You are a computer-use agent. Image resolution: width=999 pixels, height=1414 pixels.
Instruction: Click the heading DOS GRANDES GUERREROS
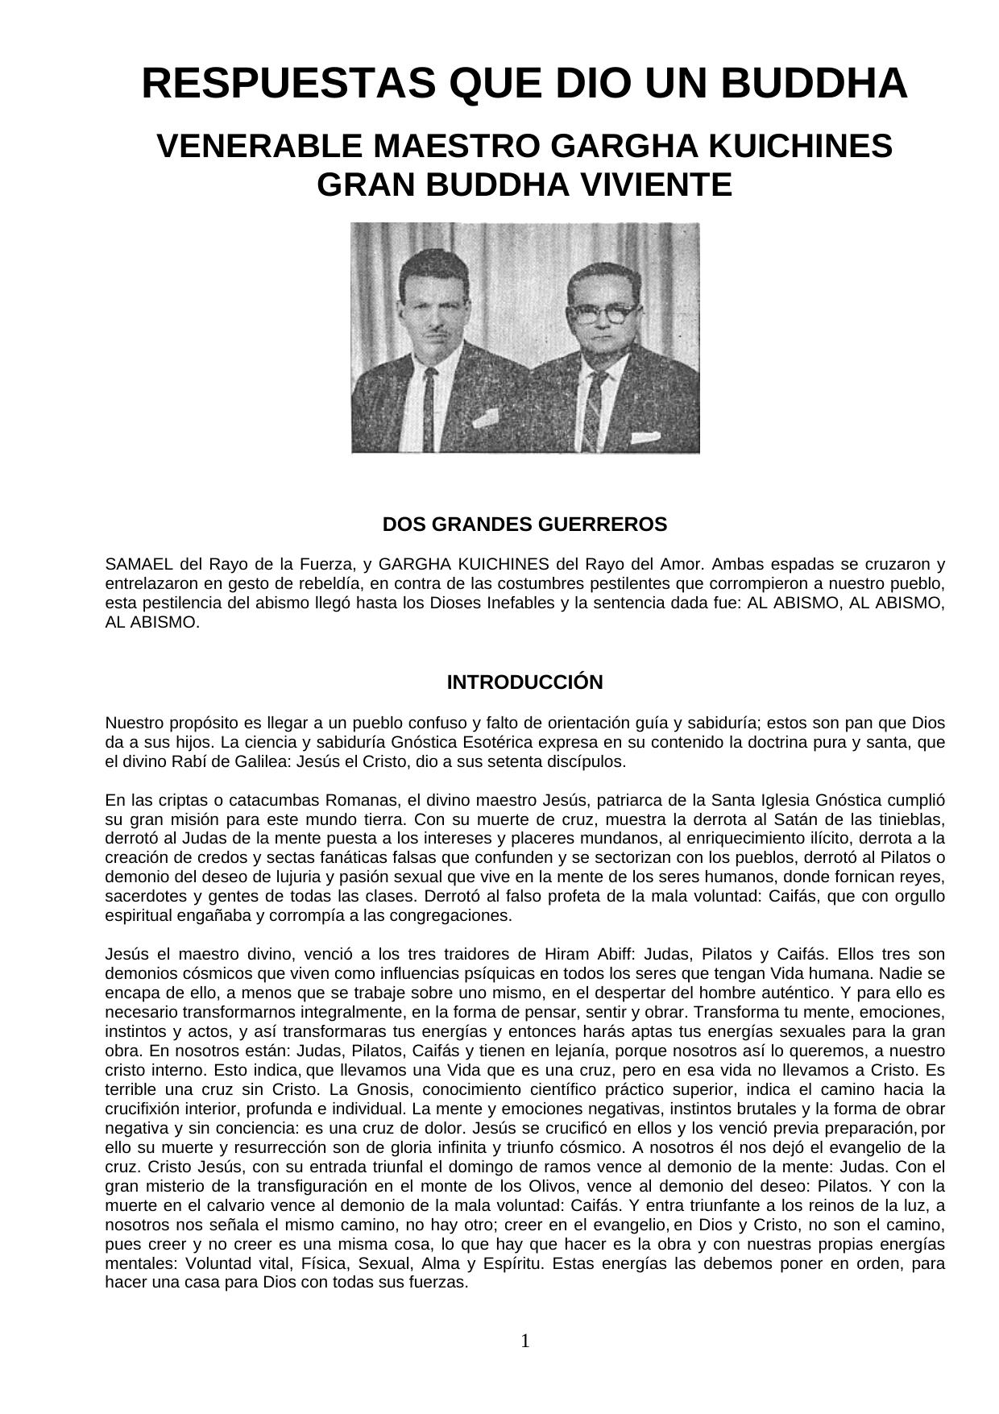(524, 525)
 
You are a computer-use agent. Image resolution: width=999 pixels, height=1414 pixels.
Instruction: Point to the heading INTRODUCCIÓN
(524, 682)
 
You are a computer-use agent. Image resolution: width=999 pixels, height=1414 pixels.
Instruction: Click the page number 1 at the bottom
(525, 1341)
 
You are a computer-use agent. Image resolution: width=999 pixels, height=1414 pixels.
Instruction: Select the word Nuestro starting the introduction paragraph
(132, 723)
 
